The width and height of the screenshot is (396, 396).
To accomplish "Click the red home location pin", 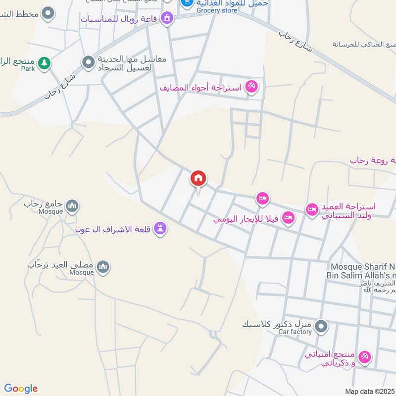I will click(x=198, y=179).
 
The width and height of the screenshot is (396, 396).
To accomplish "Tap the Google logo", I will click(x=21, y=389).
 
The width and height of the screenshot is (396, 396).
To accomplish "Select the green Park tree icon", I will click(x=45, y=63).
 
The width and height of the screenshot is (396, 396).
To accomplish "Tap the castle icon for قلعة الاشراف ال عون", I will click(x=160, y=228).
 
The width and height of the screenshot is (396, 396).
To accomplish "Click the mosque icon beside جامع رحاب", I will click(x=72, y=205).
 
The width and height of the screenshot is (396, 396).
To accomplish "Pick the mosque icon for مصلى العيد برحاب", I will click(x=103, y=267).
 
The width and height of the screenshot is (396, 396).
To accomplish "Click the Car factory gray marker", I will click(x=322, y=326).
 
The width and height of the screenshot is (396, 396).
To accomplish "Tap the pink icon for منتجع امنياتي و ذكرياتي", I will click(x=365, y=356).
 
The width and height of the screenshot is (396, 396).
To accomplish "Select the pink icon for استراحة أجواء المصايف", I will click(x=251, y=88).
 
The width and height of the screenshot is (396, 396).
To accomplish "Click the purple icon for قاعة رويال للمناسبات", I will click(x=167, y=19).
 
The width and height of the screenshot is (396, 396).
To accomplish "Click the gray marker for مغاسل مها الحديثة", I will click(x=89, y=62).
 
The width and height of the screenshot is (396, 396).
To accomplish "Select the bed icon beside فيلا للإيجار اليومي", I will click(x=289, y=217).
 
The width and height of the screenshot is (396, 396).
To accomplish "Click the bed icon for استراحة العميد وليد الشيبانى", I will click(x=311, y=210).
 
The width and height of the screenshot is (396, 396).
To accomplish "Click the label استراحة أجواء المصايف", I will click(x=200, y=88).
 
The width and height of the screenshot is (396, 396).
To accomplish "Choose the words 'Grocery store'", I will click(x=217, y=10).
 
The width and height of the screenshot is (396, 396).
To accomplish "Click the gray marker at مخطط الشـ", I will click(x=48, y=13).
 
